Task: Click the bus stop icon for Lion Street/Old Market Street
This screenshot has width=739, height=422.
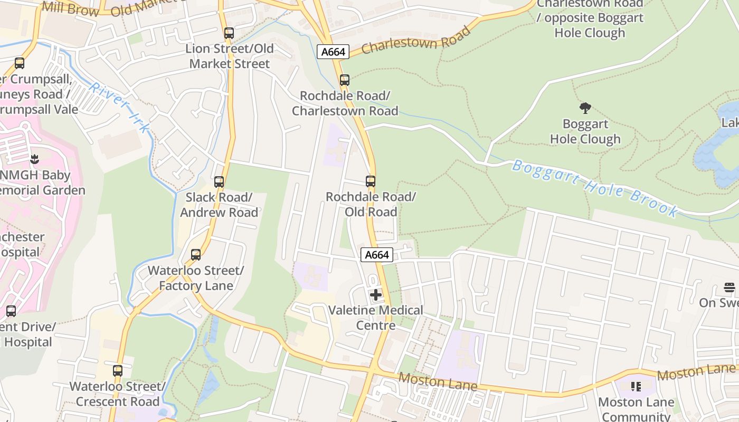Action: pos(229,33)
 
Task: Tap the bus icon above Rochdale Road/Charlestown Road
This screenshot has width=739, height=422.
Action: pos(345,80)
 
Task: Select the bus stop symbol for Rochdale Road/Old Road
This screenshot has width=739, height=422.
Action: pos(371,181)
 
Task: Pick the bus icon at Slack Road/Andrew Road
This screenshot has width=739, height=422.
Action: pos(219,182)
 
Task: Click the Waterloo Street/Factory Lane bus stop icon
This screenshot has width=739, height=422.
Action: pos(196,255)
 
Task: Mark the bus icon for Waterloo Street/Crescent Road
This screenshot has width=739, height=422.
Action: pos(118,371)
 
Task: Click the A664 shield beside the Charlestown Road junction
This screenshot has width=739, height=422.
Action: pos(334,52)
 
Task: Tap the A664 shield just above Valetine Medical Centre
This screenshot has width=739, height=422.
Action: pos(377,255)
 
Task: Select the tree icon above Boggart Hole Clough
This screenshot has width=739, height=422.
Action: pos(585,109)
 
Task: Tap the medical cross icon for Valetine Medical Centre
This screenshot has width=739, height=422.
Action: pos(376,295)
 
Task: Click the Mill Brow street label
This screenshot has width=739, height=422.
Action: pos(70,8)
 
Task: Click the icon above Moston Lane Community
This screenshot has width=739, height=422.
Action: pos(636,387)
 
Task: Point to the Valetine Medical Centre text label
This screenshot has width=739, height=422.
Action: pos(376,318)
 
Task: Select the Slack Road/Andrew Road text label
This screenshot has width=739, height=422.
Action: pos(219,205)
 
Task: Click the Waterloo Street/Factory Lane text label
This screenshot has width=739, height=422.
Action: pos(195,278)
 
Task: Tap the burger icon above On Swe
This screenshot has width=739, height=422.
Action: pos(729,288)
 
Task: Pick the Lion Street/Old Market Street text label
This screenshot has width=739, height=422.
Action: pos(230,56)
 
